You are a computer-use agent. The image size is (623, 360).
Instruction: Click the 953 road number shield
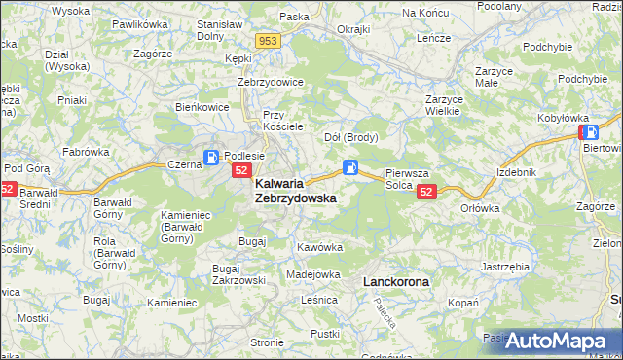[270, 41]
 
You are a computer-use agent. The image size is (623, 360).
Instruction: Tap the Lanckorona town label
[395, 281]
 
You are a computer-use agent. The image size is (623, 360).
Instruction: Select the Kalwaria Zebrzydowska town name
[296, 190]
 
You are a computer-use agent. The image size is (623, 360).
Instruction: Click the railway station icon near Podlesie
[211, 158]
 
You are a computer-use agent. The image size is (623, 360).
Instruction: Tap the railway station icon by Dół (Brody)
[349, 168]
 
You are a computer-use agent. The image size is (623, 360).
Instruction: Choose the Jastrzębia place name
[505, 266]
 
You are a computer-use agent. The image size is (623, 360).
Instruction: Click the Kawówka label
[320, 247]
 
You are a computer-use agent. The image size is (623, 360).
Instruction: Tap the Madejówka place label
[313, 274]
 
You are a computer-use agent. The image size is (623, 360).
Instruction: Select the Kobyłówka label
[563, 118]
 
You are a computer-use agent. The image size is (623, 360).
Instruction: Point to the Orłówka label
[480, 207]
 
